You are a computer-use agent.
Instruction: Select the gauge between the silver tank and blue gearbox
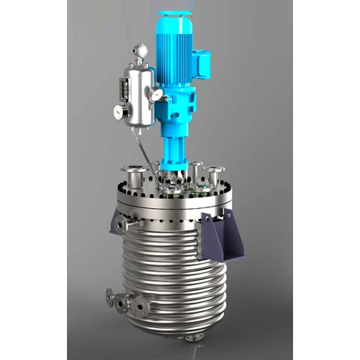(156, 94)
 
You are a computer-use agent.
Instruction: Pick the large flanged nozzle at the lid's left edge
(135, 173)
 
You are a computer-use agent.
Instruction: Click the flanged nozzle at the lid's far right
(215, 173)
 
